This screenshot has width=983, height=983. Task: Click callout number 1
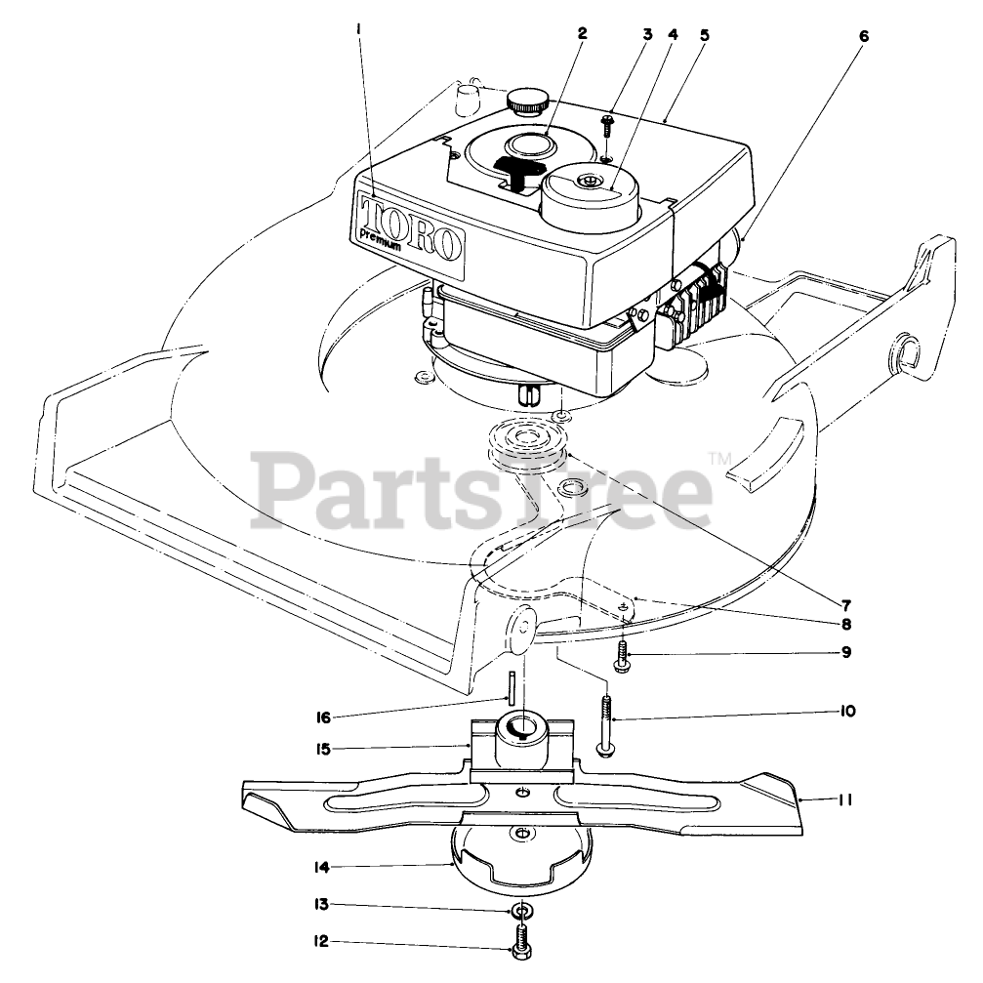[359, 31]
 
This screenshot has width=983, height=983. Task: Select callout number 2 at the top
[582, 32]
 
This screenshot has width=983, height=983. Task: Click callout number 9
[845, 652]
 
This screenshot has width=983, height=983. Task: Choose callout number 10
[845, 712]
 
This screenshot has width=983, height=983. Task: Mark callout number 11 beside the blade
[845, 799]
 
